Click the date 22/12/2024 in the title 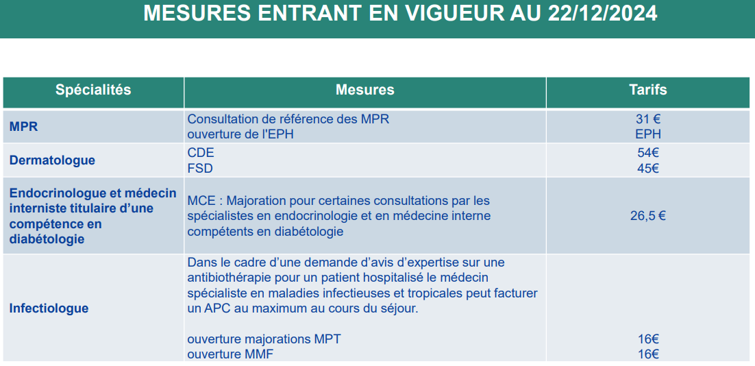click(602, 14)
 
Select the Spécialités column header click(93, 90)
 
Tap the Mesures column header click(365, 90)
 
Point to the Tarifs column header click(648, 90)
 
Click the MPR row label click(23, 127)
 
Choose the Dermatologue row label click(52, 160)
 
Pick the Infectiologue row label click(49, 308)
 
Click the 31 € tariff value click(648, 119)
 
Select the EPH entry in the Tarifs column click(648, 134)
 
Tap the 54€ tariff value click(648, 153)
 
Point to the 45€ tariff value click(648, 169)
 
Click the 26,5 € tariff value click(648, 216)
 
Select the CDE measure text click(201, 153)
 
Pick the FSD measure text click(200, 169)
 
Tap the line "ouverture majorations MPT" click(264, 339)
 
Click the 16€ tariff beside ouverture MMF click(648, 354)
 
